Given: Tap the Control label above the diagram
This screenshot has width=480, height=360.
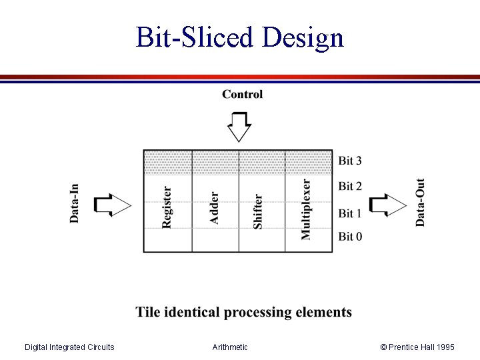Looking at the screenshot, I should pos(242,94).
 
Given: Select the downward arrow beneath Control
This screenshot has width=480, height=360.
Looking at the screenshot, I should pos(239,126).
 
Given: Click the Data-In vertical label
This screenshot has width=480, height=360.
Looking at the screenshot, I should pos(74,203).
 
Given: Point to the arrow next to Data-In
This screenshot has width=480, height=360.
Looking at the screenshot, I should pos(113,205).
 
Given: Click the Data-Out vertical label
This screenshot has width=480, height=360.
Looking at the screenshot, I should pos(421,202).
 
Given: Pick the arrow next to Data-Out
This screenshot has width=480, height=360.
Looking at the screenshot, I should pos(387,205).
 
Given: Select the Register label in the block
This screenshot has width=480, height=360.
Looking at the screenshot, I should pos(167,207).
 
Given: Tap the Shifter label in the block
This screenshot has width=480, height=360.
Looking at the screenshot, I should pos(258,211).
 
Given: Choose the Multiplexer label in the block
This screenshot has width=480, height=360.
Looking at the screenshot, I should pos(306,209).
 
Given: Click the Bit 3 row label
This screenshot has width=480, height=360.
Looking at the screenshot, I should pos(350,160).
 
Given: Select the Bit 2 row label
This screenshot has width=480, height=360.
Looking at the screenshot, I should pos(350,186).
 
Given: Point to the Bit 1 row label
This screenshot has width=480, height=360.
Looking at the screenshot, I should pos(350,213).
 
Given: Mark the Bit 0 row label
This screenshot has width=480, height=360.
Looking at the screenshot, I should pos(350,236).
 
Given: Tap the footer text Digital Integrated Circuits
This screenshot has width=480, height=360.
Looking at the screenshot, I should pos(69,347).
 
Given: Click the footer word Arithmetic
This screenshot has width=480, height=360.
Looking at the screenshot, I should pos(230,347).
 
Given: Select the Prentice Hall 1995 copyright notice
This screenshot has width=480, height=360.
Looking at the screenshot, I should pos(417,347).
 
